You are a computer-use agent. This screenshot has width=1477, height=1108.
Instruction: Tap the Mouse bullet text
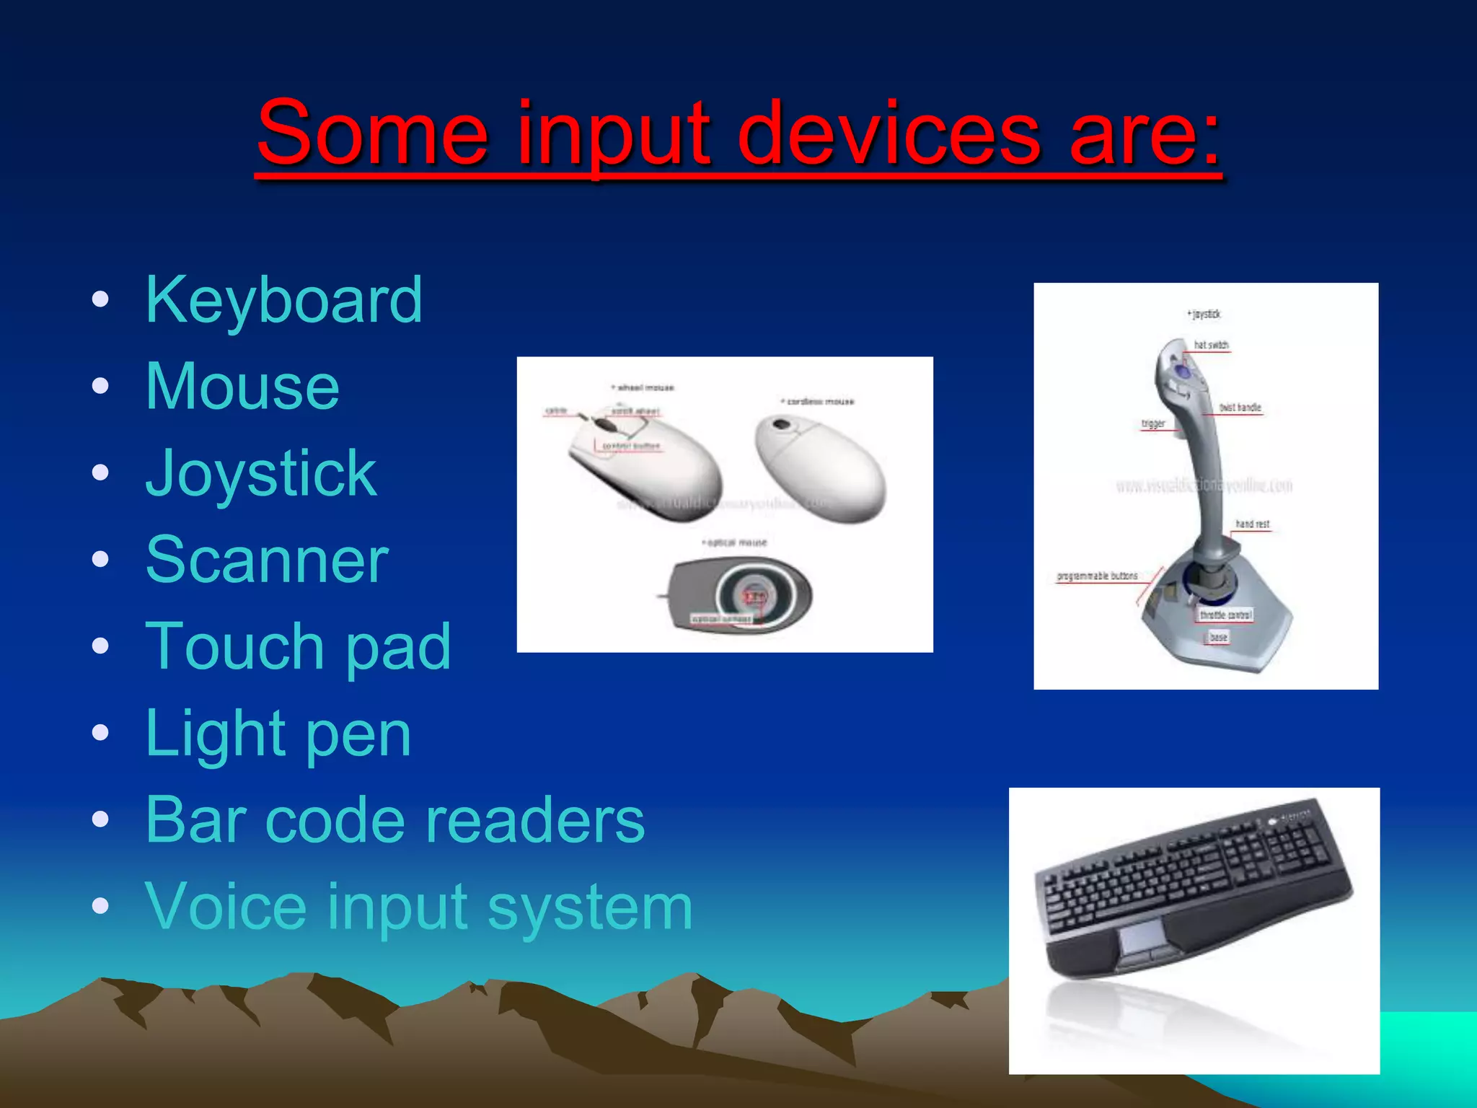pyautogui.click(x=242, y=387)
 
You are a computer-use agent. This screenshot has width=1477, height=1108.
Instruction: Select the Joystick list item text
pyautogui.click(x=261, y=474)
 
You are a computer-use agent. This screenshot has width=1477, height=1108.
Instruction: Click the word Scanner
pyautogui.click(x=267, y=560)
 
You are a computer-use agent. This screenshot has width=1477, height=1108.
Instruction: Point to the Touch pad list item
pyautogui.click(x=298, y=647)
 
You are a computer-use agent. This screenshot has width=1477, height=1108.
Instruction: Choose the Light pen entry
pyautogui.click(x=278, y=734)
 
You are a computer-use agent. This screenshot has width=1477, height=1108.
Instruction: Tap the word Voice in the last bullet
pyautogui.click(x=225, y=907)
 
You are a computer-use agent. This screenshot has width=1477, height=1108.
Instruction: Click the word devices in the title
pyautogui.click(x=889, y=133)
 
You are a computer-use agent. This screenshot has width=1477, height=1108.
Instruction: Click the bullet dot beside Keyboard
pyautogui.click(x=100, y=299)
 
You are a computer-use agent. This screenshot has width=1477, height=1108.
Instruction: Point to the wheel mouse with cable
pyautogui.click(x=644, y=460)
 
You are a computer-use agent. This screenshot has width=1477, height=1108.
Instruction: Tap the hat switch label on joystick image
pyautogui.click(x=1211, y=346)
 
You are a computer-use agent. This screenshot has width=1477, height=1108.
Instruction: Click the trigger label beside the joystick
pyautogui.click(x=1152, y=423)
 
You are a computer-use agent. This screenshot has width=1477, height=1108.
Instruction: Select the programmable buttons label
pyautogui.click(x=1097, y=576)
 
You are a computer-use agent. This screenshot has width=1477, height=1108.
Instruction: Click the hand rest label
pyautogui.click(x=1252, y=524)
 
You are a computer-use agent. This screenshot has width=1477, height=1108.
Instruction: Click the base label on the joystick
pyautogui.click(x=1218, y=637)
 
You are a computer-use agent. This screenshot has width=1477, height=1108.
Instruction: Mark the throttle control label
pyautogui.click(x=1225, y=615)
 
